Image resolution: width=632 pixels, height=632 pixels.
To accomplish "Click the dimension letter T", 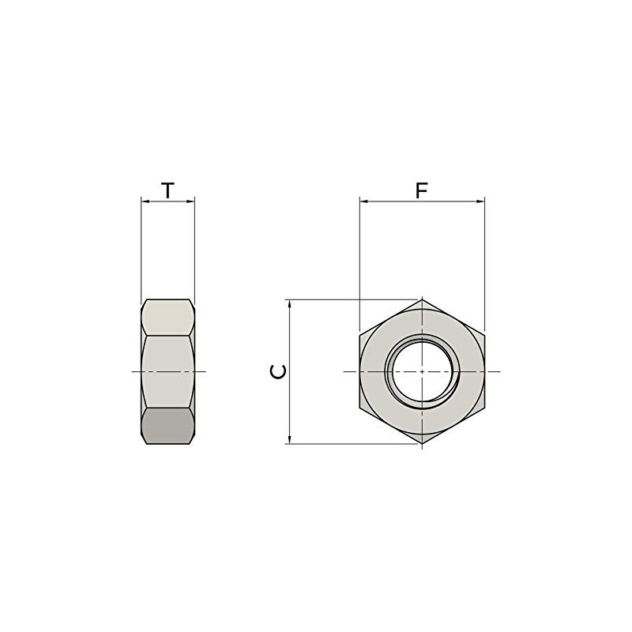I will (x=167, y=190).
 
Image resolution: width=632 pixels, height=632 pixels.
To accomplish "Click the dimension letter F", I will (x=422, y=190).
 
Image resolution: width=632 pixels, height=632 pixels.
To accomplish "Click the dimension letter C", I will (x=277, y=371).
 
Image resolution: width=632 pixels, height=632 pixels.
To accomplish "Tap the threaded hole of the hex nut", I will (x=422, y=371).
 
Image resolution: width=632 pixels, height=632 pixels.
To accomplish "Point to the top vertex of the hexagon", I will (x=422, y=299).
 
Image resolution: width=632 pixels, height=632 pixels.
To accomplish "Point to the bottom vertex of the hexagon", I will (x=422, y=443).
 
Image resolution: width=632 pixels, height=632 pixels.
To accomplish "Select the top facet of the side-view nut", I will (x=167, y=318).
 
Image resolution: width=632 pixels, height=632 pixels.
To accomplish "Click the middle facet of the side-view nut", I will (x=167, y=371).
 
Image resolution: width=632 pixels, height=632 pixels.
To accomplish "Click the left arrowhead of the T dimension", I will (x=145, y=201).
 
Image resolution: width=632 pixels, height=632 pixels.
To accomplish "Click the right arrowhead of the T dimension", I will (x=190, y=201).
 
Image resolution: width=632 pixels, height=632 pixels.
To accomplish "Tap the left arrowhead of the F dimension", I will (x=363, y=201).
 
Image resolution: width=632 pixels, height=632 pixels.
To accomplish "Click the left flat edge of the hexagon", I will (x=359, y=371).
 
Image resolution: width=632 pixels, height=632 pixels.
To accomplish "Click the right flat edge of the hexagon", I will (x=484, y=371).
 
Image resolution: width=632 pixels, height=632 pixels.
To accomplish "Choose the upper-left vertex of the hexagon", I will (x=359, y=335).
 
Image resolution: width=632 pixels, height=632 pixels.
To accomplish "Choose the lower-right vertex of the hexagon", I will (x=484, y=408).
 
